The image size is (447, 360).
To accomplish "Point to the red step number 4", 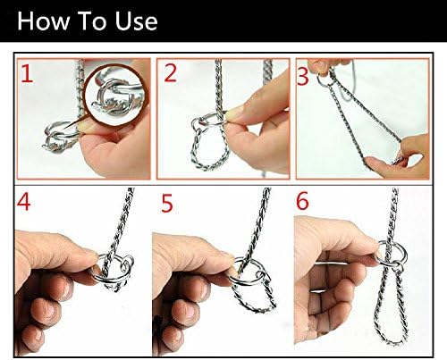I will [x=24, y=204].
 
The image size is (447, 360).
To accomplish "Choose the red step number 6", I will [x=304, y=204].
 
